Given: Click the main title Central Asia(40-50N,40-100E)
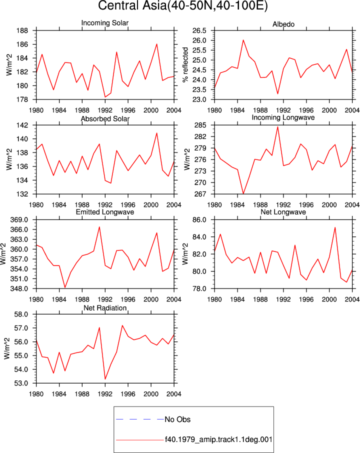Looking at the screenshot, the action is click(182, 5).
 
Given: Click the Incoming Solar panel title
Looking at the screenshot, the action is click(105, 23).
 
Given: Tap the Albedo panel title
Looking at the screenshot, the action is click(283, 24).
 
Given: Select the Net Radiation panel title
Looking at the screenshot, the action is click(105, 308).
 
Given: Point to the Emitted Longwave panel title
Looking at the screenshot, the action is click(105, 212).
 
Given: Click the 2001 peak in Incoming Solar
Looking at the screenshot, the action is click(156, 44).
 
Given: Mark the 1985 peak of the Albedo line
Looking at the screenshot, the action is click(243, 40).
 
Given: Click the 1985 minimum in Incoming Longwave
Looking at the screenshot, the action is click(243, 193).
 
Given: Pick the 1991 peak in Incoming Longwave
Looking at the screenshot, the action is click(277, 126).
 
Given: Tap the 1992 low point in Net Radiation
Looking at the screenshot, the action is click(105, 379).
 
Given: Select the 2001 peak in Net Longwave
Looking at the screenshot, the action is click(335, 227).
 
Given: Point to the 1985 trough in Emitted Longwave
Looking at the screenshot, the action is click(65, 287).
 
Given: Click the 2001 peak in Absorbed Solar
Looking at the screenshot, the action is click(156, 133).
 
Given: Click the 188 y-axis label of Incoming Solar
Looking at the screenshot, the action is click(22, 30).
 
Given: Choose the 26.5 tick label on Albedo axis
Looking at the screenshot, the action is click(199, 30).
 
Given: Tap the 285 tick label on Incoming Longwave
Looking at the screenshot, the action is click(201, 125).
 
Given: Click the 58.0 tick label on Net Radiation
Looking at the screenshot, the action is click(21, 314).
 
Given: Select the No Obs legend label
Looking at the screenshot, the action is click(177, 419).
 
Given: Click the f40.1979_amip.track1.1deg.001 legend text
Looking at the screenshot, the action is click(218, 439).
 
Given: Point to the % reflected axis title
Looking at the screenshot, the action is click(185, 64).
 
